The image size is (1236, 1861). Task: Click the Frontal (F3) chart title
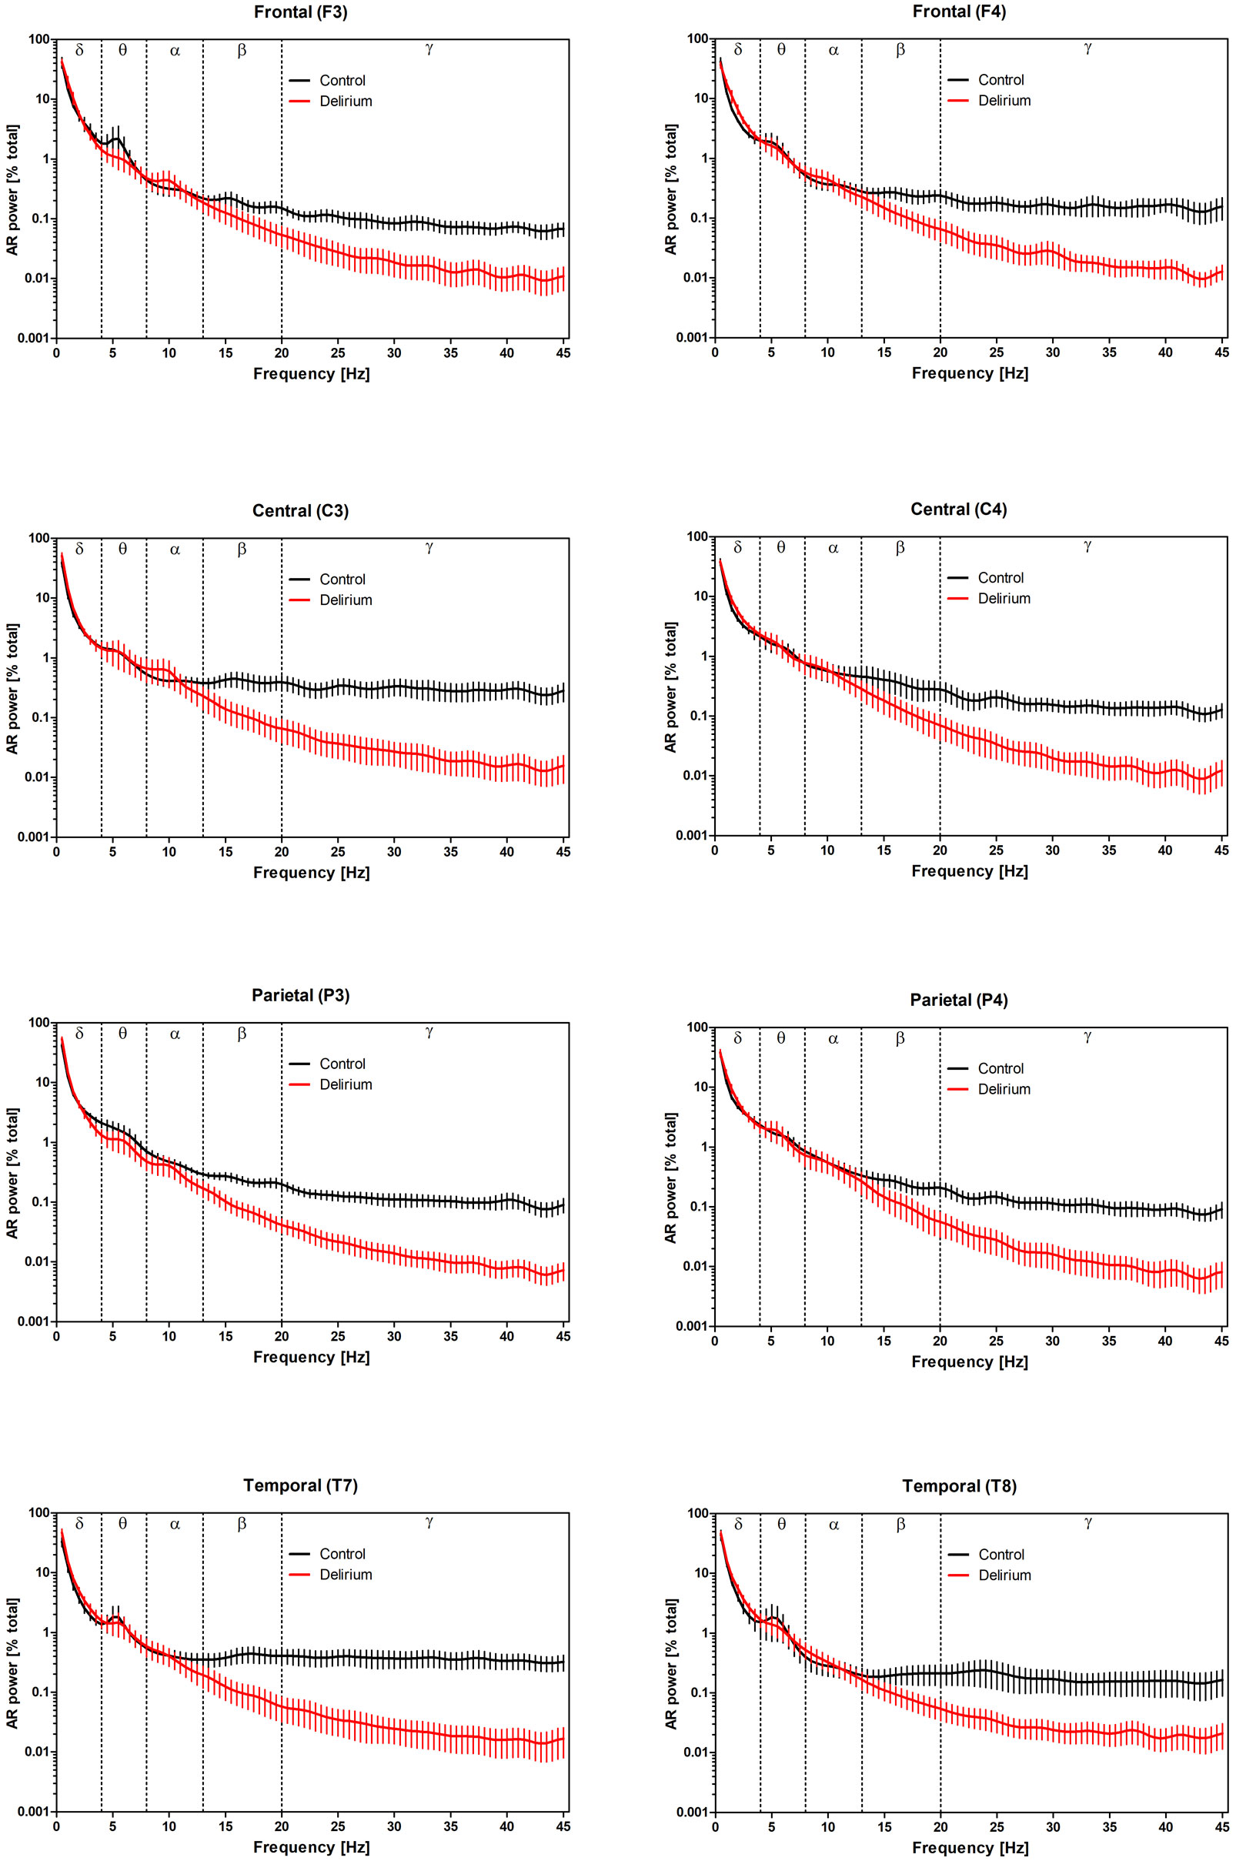coord(300,12)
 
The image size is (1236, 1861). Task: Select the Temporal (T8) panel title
coord(958,1486)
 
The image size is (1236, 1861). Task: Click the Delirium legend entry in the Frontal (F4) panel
coord(1004,100)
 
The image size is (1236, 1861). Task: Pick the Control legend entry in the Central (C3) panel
coord(342,580)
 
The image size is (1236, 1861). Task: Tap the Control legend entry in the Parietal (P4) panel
coord(1000,1068)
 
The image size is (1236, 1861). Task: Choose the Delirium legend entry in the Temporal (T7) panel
coord(346,1574)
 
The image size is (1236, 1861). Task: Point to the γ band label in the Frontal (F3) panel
coord(429,48)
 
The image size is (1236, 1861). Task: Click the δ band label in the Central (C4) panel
coord(738,548)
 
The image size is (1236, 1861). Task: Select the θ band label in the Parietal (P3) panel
coord(123,1034)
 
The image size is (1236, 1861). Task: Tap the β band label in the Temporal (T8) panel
coord(900,1525)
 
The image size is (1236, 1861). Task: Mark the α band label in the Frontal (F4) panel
coord(833,51)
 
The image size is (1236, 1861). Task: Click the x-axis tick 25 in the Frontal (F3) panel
coord(338,353)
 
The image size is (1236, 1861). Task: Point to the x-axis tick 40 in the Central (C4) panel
coord(1165,850)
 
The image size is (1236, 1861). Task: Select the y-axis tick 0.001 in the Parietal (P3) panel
coord(32,1321)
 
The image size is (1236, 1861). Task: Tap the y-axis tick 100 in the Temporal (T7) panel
coord(39,1512)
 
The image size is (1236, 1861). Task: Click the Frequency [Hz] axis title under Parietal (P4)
coord(970,1362)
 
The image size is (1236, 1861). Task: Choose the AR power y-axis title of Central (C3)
coord(12,688)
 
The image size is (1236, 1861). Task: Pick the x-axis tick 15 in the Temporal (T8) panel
coord(884,1827)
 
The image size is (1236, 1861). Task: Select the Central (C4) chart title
coord(958,510)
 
